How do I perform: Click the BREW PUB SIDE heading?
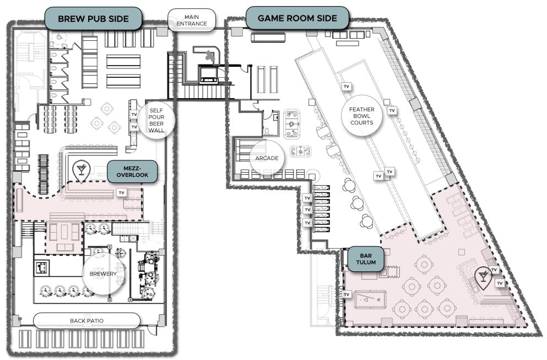tap(93, 19)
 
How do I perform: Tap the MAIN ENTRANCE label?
tap(192, 20)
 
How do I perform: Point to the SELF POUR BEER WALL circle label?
tap(157, 120)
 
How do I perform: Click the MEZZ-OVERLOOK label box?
tap(132, 171)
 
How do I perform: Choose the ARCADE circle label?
tap(267, 158)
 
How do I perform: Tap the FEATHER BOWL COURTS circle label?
tap(361, 116)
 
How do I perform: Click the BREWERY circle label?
tap(104, 273)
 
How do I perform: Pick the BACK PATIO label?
tap(86, 320)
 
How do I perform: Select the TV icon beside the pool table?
tap(346, 295)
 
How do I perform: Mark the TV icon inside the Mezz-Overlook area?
tap(122, 192)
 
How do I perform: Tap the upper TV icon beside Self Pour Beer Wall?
tap(134, 115)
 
